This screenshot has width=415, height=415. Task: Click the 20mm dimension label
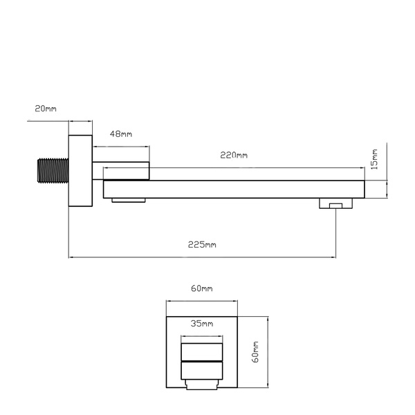(46, 109)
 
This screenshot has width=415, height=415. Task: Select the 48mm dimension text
(121, 134)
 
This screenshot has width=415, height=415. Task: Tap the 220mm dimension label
(234, 155)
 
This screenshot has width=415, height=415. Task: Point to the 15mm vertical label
(374, 159)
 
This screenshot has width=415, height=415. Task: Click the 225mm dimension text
(202, 245)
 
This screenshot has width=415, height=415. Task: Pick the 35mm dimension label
(202, 324)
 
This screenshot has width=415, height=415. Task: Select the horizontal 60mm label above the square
(202, 288)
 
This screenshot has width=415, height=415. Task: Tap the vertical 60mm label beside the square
(256, 352)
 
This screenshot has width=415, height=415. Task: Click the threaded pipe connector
(53, 171)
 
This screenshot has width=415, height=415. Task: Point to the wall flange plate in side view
(80, 171)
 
